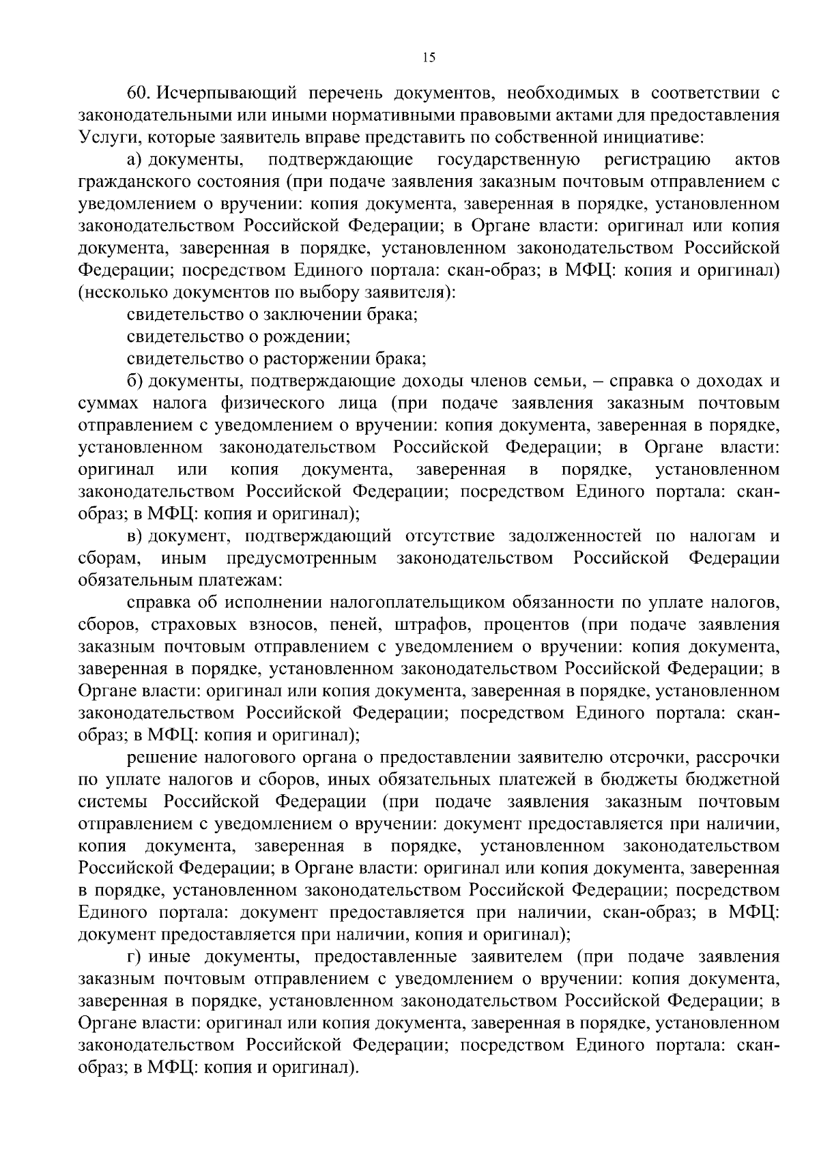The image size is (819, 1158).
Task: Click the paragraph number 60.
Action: (138, 93)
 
